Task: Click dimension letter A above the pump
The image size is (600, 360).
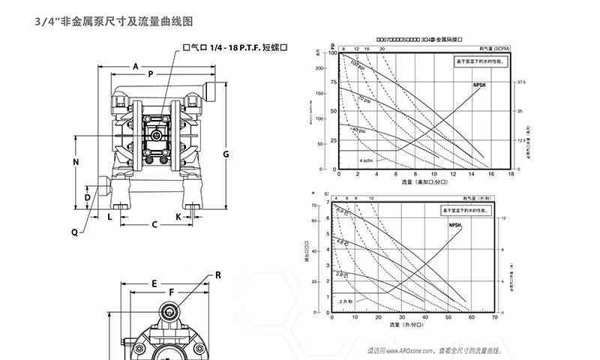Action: point(136,67)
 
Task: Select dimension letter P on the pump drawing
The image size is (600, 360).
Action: point(151,74)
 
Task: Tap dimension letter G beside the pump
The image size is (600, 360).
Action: point(226,154)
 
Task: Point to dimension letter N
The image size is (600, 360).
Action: point(76,163)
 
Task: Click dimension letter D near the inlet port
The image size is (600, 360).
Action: point(87,197)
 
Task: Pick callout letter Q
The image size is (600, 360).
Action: point(74,232)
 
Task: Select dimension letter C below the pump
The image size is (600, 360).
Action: point(154,224)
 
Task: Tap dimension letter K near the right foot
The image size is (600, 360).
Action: point(178,216)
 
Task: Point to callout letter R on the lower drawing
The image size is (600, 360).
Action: point(218,274)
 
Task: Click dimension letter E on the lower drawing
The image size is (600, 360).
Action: point(154,283)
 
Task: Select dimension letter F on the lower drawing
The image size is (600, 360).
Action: point(171,292)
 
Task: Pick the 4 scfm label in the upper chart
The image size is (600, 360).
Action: point(367,160)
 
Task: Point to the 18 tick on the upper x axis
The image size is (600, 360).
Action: point(511,175)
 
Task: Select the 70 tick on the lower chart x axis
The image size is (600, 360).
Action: point(495,317)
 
